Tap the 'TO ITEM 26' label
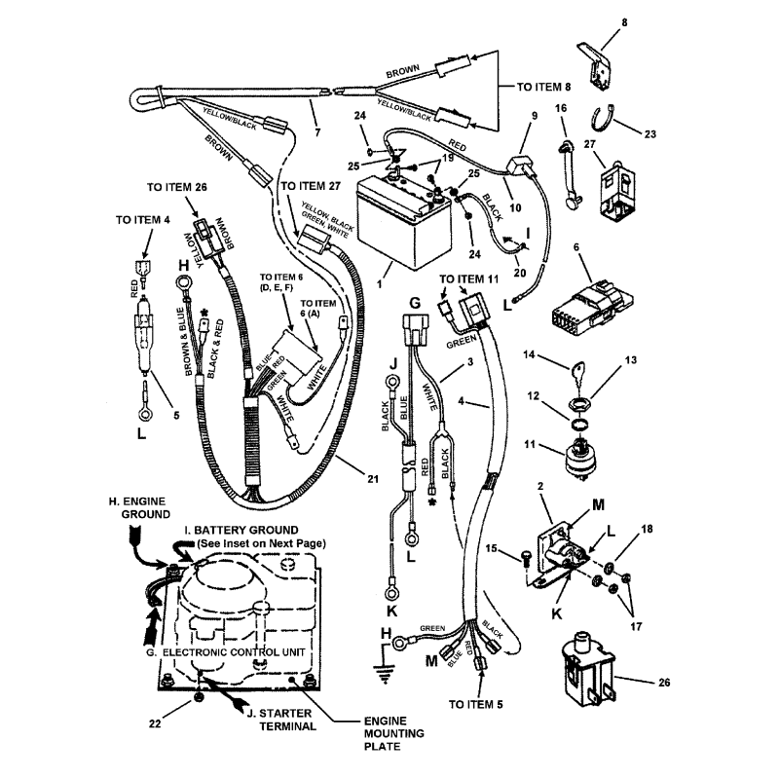click(176, 187)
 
